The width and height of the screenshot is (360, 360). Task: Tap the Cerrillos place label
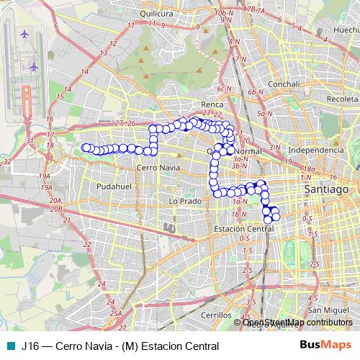pos(216,315)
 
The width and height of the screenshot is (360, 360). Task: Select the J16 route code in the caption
pos(30,345)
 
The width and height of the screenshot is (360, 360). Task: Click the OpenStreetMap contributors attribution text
pos(297,322)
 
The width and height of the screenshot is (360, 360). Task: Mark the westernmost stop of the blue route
pos(86,148)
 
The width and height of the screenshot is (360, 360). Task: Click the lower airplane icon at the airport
pos(33,67)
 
